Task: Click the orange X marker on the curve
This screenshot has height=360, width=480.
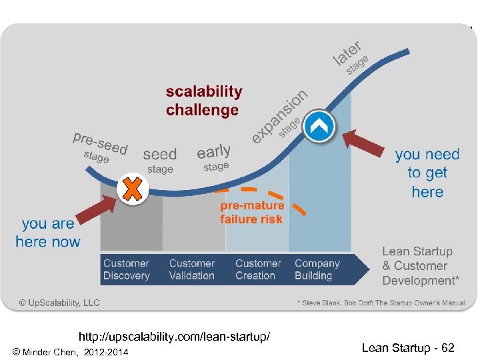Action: (133, 189)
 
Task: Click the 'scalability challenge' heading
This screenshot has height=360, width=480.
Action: (203, 101)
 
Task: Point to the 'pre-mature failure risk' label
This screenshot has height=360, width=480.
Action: (251, 212)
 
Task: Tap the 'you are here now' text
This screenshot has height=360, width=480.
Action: (48, 233)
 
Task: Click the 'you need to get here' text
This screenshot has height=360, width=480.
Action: (427, 173)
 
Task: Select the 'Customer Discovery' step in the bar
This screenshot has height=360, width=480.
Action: (127, 269)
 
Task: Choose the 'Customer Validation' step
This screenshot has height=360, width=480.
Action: (192, 269)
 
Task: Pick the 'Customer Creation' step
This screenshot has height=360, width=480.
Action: (258, 269)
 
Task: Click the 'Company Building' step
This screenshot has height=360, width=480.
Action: (317, 269)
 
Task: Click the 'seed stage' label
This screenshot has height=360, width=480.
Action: (160, 160)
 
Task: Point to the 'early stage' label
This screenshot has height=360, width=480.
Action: (215, 158)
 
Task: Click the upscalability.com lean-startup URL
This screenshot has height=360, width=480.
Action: (174, 337)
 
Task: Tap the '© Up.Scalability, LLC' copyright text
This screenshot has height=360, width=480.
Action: (59, 303)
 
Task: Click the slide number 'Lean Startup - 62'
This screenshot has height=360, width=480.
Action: (408, 348)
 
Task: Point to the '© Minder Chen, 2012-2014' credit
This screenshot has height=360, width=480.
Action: (70, 351)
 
